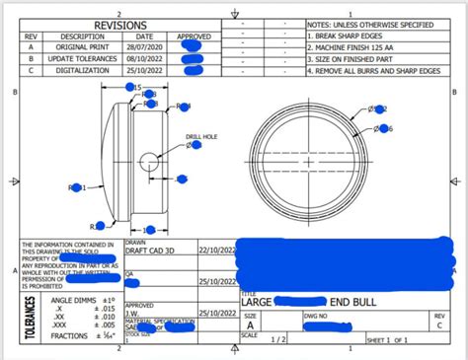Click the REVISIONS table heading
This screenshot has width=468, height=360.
120,24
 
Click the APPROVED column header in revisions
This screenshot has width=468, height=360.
194,36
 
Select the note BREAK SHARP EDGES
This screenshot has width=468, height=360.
354,36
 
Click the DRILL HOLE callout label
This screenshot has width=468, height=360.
201,137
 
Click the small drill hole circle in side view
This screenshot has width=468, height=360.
148,160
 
